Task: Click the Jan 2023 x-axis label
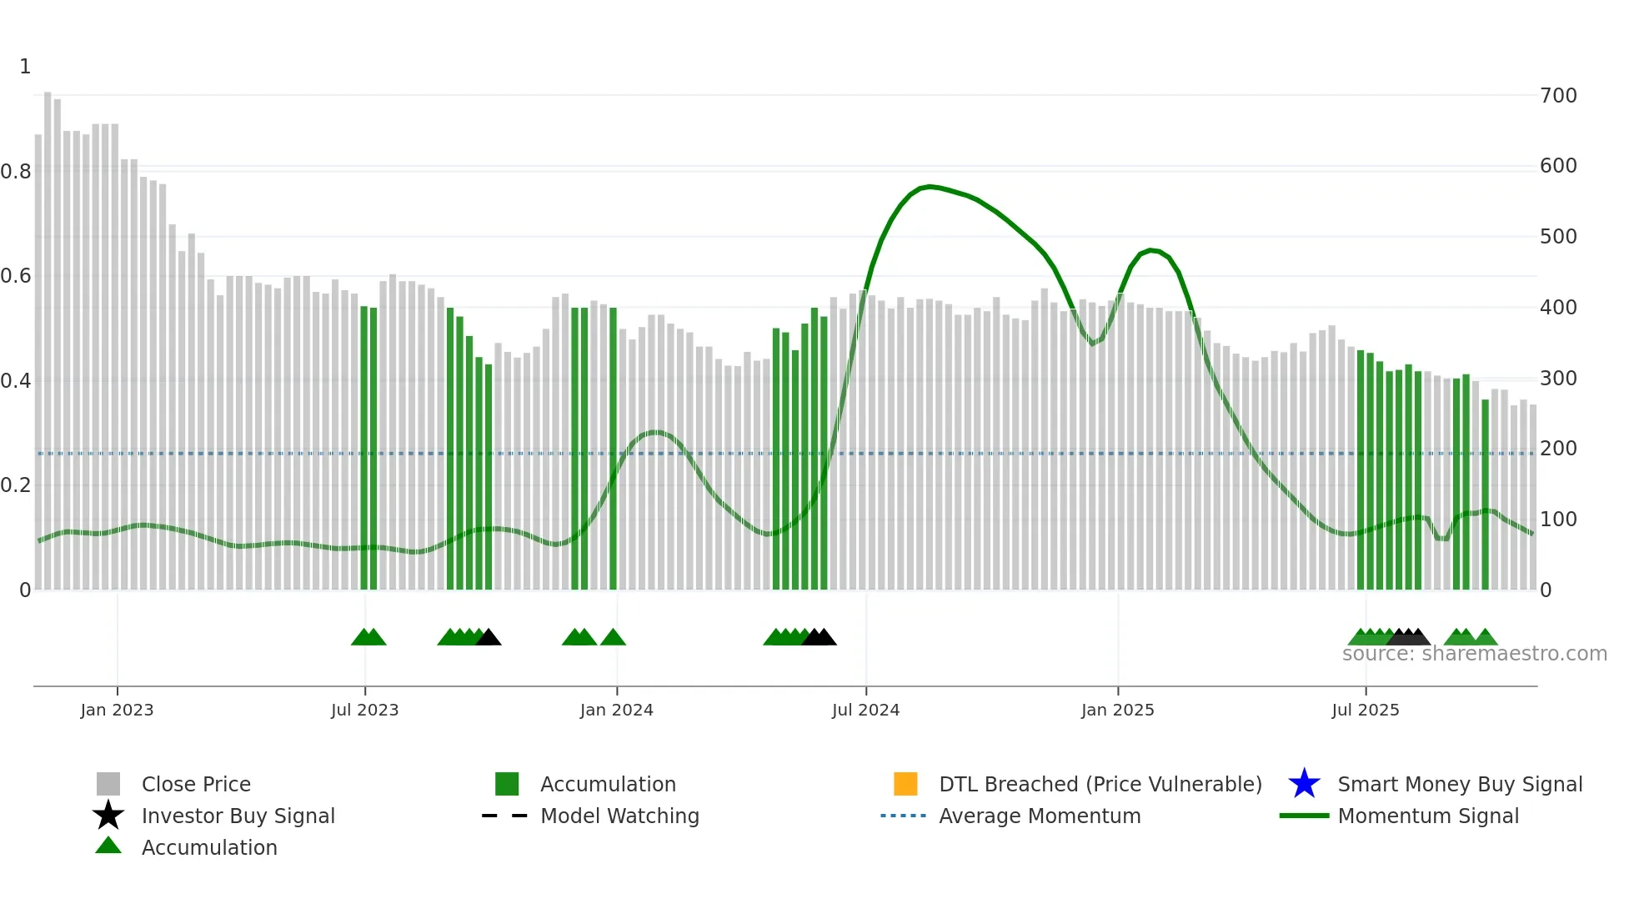[x=117, y=710]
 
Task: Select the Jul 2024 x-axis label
[x=865, y=710]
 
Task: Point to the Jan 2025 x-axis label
[x=1117, y=710]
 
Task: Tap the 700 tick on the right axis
[x=1557, y=95]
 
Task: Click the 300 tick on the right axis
[x=1557, y=378]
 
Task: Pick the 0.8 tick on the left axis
[x=16, y=171]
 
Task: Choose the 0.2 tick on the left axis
[x=16, y=485]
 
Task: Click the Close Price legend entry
[x=196, y=784]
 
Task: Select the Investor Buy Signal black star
[x=108, y=816]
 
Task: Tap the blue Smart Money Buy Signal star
[x=1304, y=784]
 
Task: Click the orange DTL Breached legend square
[x=905, y=784]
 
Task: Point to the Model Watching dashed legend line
[x=504, y=816]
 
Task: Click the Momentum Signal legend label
[x=1428, y=816]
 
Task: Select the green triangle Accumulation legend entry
[x=108, y=846]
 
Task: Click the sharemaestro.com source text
[x=1474, y=654]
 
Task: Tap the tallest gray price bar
[x=48, y=334]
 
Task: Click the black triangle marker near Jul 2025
[x=1409, y=638]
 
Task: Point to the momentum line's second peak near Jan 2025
[x=1151, y=249]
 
